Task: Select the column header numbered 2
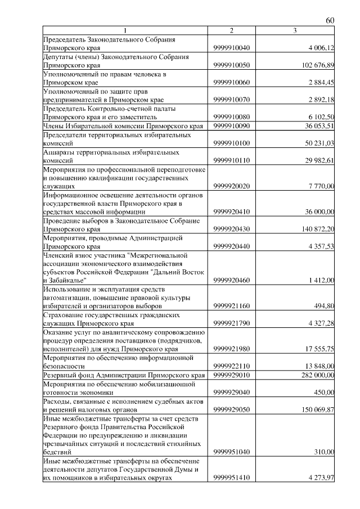[231, 30]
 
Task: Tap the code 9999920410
[232, 211]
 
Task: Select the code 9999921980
[232, 349]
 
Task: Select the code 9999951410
[232, 478]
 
